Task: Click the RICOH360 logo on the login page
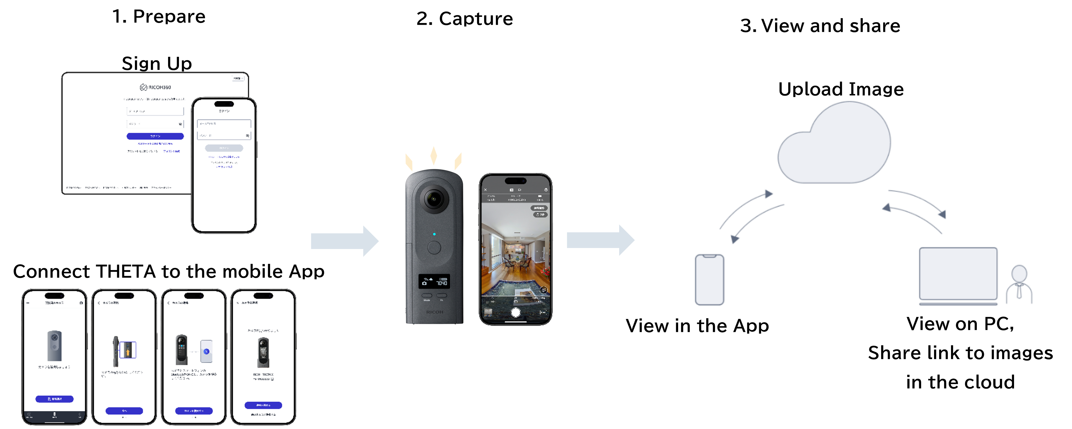point(155,87)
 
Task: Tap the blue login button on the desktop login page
point(155,136)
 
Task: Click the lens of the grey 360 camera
point(434,199)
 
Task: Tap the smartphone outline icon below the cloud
point(710,280)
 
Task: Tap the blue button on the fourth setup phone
point(263,405)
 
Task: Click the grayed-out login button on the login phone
point(224,148)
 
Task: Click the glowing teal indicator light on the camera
point(434,234)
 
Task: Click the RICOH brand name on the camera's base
point(434,312)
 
